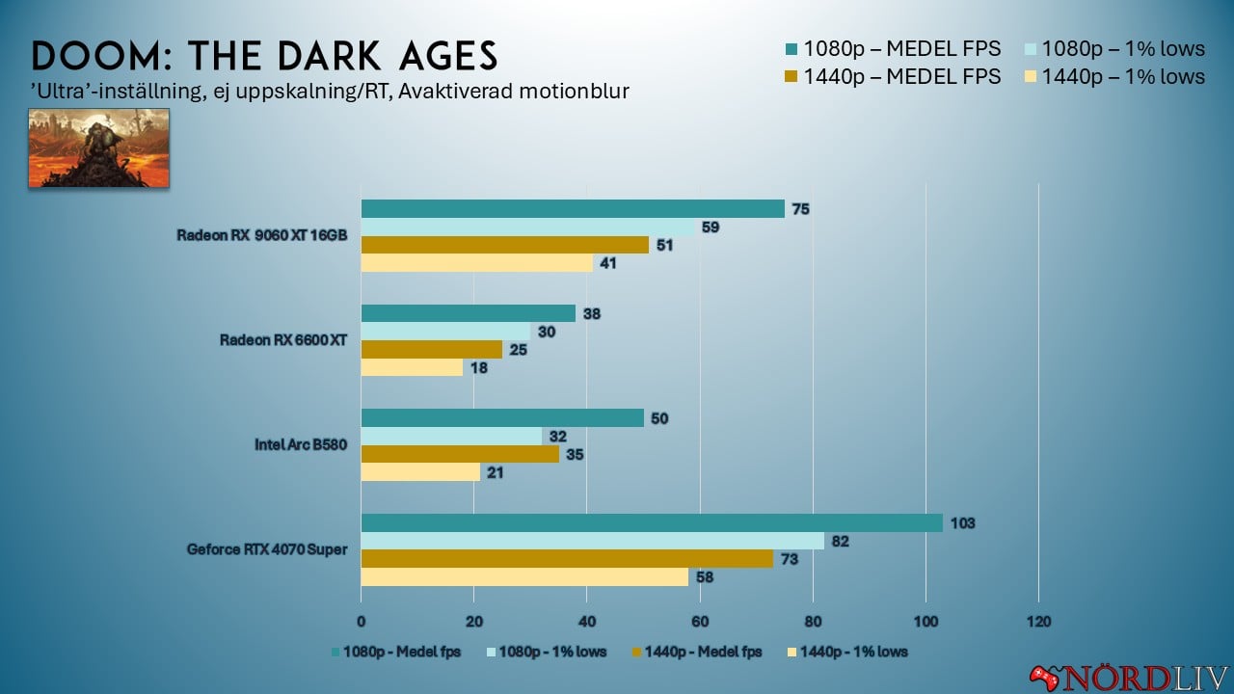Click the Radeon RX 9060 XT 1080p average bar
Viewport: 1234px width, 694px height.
coord(573,209)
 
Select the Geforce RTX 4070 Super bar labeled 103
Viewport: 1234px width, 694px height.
coord(652,522)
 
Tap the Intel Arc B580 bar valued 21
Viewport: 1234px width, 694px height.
coord(420,472)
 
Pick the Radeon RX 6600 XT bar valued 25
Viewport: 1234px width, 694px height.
coord(432,349)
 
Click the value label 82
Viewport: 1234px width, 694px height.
coord(842,542)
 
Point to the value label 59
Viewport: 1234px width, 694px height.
coord(711,228)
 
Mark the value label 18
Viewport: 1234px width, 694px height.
coord(479,368)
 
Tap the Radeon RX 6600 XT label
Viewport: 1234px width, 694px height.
coord(283,340)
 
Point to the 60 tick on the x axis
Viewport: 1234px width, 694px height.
coord(700,621)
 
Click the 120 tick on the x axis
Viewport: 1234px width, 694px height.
coord(1038,621)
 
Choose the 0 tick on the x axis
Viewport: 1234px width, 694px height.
coord(362,621)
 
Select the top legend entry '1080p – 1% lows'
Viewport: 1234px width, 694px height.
coord(1109,48)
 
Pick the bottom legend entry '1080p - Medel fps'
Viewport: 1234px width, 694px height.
coord(396,652)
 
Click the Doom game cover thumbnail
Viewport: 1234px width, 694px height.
coord(98,147)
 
